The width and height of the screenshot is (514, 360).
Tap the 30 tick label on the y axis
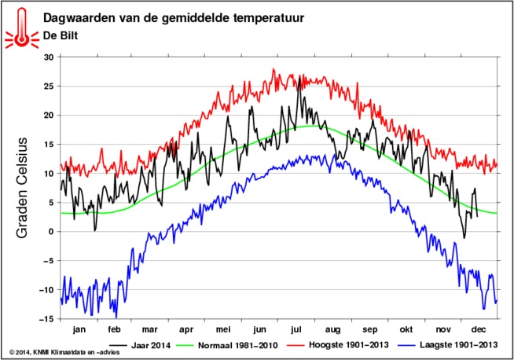pyautogui.click(x=48, y=57)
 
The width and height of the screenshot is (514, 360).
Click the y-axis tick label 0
pyautogui.click(x=50, y=232)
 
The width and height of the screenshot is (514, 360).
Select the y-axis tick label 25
pyautogui.click(x=48, y=86)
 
